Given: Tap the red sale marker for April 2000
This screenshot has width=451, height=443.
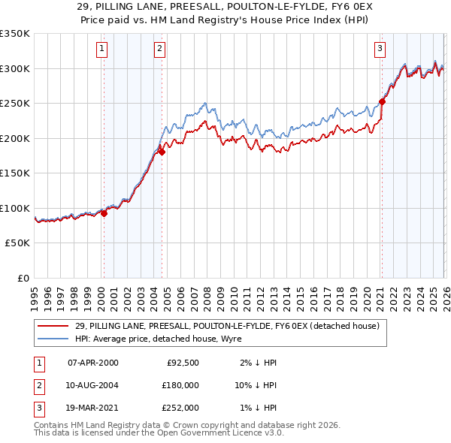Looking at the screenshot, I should click(104, 213).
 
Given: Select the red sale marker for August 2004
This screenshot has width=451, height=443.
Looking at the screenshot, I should click(162, 152).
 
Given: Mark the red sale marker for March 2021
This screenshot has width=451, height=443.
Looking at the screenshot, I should click(382, 101).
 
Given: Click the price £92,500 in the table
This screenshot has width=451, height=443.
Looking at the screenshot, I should click(182, 363).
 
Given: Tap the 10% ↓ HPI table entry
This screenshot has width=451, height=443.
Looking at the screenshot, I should click(255, 384).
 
